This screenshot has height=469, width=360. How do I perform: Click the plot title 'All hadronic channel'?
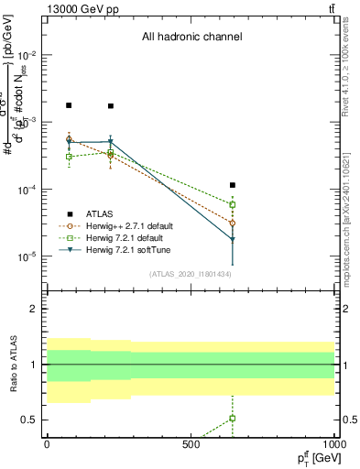click(191, 38)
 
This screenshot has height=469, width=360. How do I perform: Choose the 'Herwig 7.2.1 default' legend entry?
click(122, 238)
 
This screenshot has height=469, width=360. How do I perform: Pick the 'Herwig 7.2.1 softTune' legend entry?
click(125, 250)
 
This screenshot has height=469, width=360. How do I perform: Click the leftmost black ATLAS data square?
click(69, 105)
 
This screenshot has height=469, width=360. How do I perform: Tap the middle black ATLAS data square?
click(111, 106)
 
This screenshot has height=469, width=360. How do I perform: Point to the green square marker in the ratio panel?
click(233, 419)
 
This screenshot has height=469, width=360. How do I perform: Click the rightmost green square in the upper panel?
click(233, 204)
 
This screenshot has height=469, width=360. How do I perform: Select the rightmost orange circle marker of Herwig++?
click(233, 223)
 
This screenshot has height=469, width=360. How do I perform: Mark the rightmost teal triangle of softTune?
click(233, 240)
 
